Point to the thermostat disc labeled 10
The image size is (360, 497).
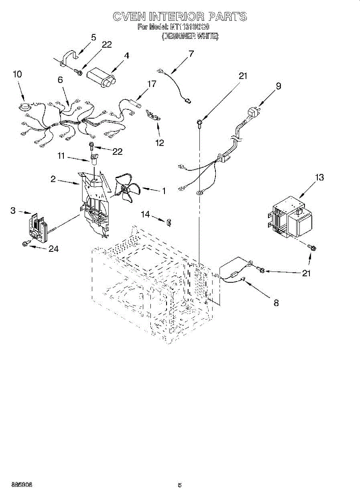coord(24,107)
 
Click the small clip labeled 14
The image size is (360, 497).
coord(169,222)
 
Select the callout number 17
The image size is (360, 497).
coord(152,84)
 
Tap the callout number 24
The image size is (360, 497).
coord(53,248)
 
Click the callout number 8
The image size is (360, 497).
coord(276,303)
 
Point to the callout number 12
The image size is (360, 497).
coord(159,142)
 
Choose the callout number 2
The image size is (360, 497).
coord(53,179)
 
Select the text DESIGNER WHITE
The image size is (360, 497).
coord(190,36)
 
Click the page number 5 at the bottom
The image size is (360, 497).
coord(179,485)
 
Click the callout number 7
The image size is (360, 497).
coord(191,53)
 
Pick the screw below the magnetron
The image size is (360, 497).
coord(313,247)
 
